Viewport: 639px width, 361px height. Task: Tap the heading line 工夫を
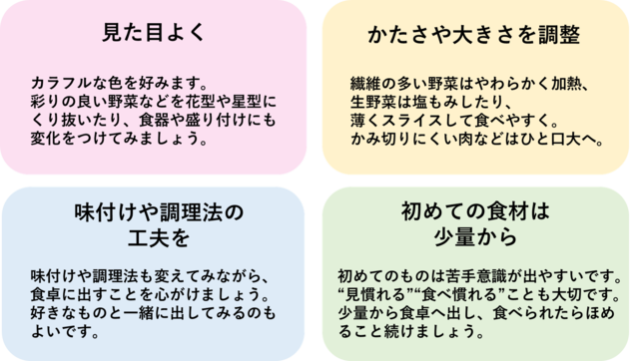click(159, 238)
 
